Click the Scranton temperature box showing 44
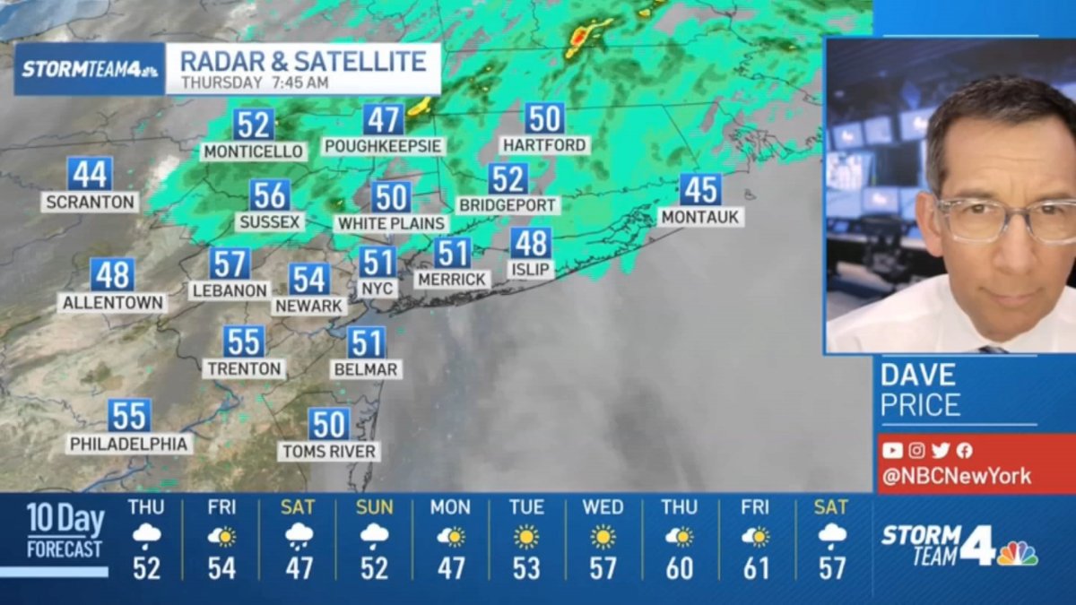coord(90,174)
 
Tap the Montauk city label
coord(701,217)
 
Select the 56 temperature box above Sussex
coord(270,195)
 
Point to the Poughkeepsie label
coord(384,146)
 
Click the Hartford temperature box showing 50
coord(544,118)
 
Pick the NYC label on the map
coord(377,289)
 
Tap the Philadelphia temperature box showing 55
coord(130,416)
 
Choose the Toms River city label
coord(328,451)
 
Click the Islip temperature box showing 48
coord(531,243)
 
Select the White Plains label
coord(391,223)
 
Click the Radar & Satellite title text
coord(303,61)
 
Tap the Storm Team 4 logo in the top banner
coord(90,69)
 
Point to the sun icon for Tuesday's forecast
coord(526,537)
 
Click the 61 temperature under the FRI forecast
coord(755,568)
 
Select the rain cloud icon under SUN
coord(374,536)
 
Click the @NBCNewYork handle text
coord(956,476)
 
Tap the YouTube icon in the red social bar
coord(892,451)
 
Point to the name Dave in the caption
coord(918,375)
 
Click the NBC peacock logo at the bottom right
coord(1017,553)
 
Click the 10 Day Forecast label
coord(65,531)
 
